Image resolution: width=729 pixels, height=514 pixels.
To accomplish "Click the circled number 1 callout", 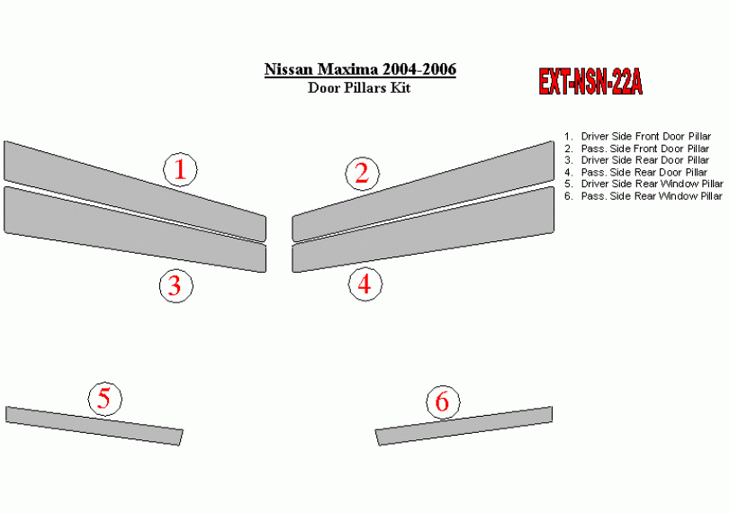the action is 180,169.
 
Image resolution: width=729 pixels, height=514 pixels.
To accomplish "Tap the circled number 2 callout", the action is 362,174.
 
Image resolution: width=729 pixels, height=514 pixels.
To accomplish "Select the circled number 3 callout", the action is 176,285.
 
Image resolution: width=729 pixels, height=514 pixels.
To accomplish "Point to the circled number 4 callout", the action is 365,284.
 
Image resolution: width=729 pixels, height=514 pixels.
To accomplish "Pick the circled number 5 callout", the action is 105,399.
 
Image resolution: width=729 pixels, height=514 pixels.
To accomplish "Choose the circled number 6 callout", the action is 443,401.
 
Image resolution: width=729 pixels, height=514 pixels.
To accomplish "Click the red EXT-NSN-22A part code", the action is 590,82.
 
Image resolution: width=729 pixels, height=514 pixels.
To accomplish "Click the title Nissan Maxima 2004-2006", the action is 360,69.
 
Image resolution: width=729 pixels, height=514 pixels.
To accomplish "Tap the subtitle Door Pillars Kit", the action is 359,87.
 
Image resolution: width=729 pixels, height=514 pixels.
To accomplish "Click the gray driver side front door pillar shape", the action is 135,191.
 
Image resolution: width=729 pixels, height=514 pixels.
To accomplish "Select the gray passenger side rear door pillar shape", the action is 423,230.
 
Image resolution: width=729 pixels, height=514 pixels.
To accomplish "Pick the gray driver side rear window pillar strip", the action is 94,426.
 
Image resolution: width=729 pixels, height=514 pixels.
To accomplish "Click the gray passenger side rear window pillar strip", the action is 464,426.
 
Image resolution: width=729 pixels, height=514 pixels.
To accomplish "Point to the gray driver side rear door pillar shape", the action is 135,230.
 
